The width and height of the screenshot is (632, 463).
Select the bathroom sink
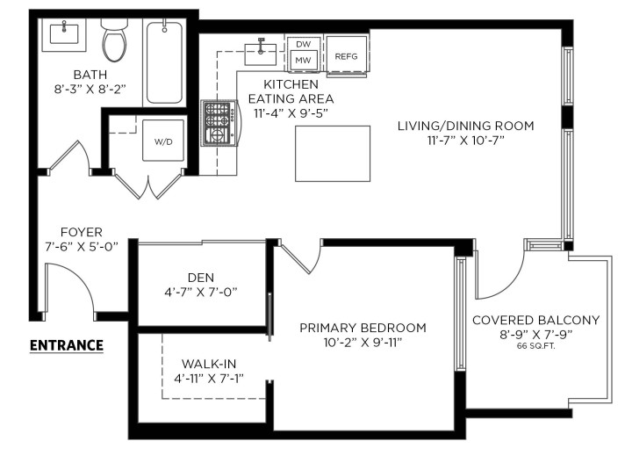point(65,34)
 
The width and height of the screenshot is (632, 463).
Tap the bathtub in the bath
point(164,63)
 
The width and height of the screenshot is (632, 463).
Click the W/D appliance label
point(164,141)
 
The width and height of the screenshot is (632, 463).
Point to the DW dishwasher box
point(304,43)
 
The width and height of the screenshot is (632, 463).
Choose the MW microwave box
point(304,60)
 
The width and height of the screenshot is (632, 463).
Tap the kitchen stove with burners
point(217,123)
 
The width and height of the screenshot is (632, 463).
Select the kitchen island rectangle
point(333,153)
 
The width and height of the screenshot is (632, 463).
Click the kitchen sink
point(261,48)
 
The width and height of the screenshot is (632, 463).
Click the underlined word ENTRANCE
point(67,345)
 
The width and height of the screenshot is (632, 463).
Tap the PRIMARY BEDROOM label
point(363,328)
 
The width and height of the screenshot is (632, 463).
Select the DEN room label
point(201,277)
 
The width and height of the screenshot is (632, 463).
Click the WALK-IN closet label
point(209,363)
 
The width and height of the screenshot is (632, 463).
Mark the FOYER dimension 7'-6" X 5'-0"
point(82,247)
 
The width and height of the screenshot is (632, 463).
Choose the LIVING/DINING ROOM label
point(465,126)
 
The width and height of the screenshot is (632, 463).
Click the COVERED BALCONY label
point(535,320)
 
